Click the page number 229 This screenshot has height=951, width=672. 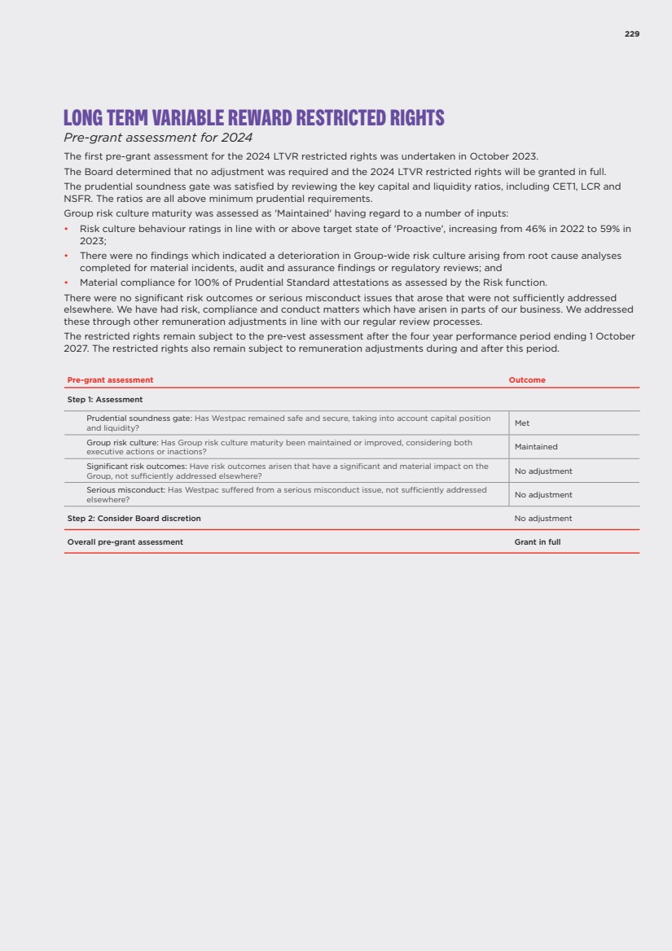coord(632,34)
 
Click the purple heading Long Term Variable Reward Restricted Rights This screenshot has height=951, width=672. coord(254,118)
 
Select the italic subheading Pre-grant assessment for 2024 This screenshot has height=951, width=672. coord(158,138)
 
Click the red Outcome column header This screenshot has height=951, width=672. coord(527,380)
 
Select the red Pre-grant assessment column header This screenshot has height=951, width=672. coord(110,380)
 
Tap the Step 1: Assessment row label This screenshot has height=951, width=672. coord(105,400)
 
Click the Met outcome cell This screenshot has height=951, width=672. coord(522,423)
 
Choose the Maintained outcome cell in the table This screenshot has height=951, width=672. coord(536,447)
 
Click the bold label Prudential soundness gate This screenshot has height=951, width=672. coord(138,419)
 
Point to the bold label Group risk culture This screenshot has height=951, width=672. coord(122,442)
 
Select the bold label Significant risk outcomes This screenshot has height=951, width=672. coord(137,467)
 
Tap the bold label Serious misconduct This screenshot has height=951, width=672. coord(125,490)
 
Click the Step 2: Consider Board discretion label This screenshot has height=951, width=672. coord(134,519)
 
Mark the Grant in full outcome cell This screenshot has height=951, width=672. coord(538,542)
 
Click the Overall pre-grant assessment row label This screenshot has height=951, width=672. coord(125,542)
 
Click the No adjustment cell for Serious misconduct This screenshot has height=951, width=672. coord(543,495)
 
